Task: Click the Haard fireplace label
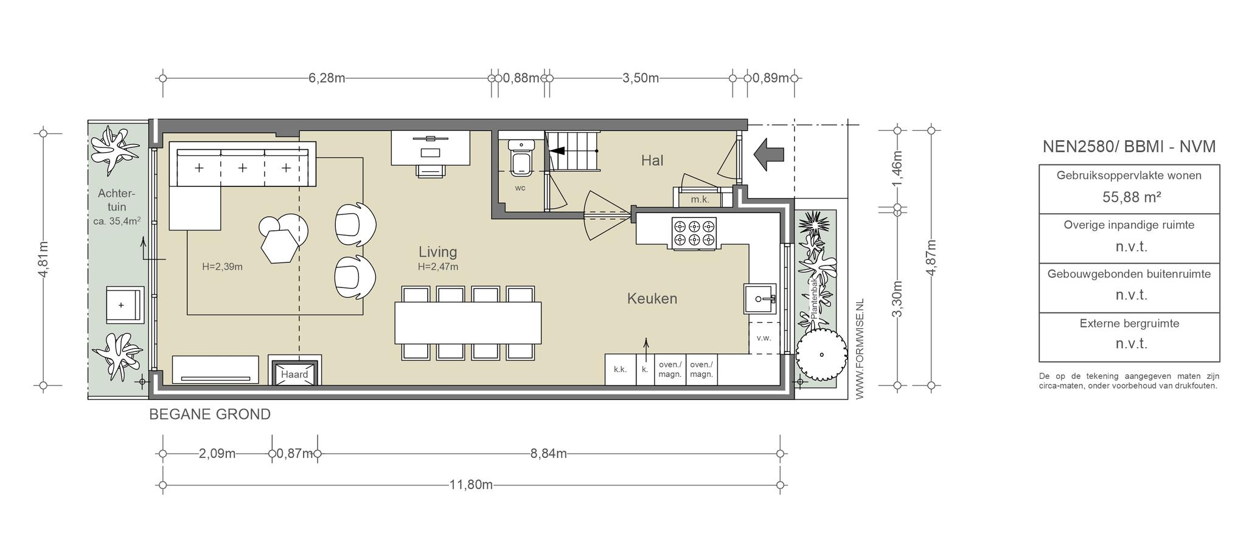point(294,374)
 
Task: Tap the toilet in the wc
point(521,157)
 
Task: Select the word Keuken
point(652,298)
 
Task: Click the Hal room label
point(652,160)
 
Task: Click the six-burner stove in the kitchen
point(694,233)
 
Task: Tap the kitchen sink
point(760,299)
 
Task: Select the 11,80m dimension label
point(471,485)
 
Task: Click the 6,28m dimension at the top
point(327,78)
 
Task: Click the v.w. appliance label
point(764,338)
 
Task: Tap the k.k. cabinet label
point(620,369)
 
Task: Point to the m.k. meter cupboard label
point(700,199)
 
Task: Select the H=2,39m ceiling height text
point(222,266)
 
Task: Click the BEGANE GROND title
point(210,415)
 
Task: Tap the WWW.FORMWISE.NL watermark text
point(860,350)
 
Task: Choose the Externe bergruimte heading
point(1129,323)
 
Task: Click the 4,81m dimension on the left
point(43,259)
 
